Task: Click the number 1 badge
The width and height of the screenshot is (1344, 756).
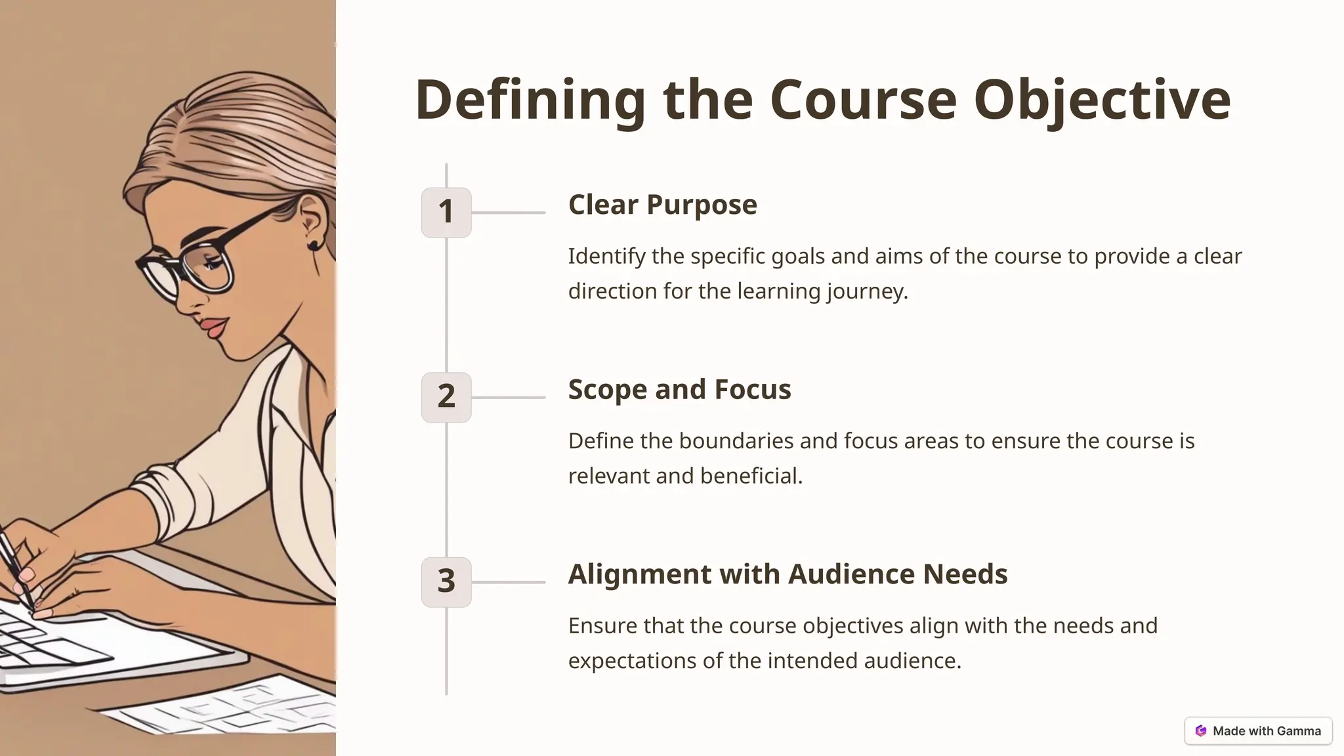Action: click(x=446, y=212)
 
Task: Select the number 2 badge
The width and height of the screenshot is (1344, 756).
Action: click(x=446, y=397)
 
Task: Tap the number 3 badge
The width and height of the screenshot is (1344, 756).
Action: click(x=446, y=582)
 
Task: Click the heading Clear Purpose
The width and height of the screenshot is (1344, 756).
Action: click(x=662, y=205)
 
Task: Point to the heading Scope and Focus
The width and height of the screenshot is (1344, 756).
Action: click(x=679, y=390)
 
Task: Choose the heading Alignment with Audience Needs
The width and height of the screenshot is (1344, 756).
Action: click(x=787, y=574)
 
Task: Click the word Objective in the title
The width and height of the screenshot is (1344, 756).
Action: click(x=1102, y=100)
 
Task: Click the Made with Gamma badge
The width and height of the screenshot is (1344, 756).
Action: click(x=1258, y=730)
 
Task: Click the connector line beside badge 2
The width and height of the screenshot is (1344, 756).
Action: click(x=508, y=397)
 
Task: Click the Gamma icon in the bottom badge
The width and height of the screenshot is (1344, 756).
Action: click(x=1201, y=730)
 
